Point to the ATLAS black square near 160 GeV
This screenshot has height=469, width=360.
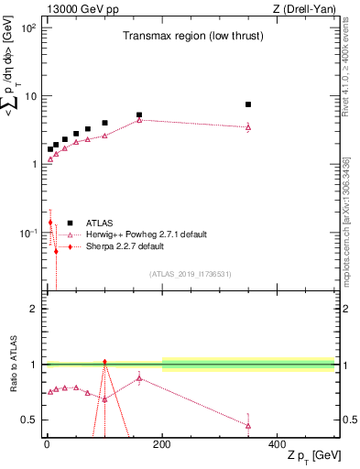point(139,115)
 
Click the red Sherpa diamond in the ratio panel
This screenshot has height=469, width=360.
point(104,362)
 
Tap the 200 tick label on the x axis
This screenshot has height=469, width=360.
point(162,443)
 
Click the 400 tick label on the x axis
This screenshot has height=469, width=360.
point(278,443)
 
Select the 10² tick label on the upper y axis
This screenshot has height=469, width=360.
point(27,28)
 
